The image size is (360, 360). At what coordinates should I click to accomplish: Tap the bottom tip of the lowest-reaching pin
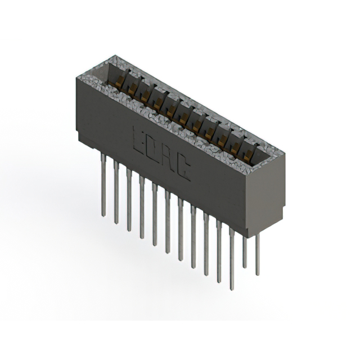[231, 288]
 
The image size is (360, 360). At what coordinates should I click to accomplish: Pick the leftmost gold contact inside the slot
[119, 83]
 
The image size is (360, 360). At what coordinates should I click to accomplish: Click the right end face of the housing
[264, 191]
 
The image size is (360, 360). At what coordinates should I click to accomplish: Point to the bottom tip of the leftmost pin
[103, 215]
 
